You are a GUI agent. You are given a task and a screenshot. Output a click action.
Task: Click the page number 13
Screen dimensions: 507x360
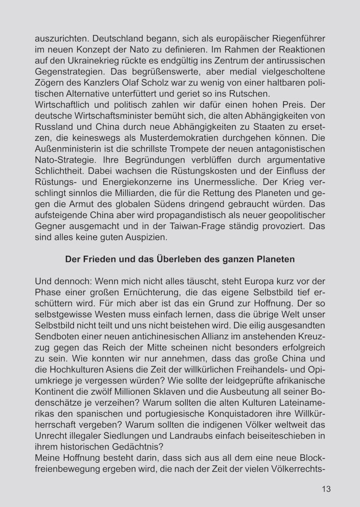pyautogui.click(x=326, y=489)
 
